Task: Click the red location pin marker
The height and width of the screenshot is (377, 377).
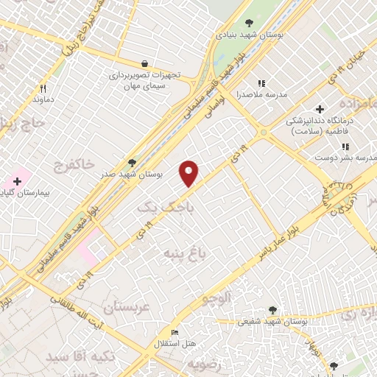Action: pos(189,173)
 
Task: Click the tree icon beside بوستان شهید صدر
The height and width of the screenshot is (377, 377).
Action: pos(132,162)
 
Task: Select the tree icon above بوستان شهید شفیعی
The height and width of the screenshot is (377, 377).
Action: pos(273,310)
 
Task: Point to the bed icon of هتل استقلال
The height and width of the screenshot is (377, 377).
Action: pos(175,333)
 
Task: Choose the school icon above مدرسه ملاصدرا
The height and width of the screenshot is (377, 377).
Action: pos(260,83)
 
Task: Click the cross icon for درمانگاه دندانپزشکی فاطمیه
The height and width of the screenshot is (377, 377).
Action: pos(319,109)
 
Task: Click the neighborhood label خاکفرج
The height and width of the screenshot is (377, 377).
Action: pos(74,166)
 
